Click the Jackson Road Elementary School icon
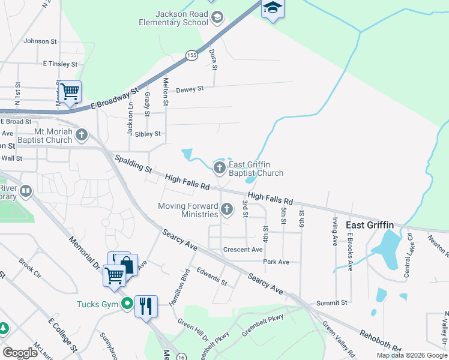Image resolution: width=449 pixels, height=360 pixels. [x=217, y=19]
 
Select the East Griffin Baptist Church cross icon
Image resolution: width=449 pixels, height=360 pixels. [x=220, y=167]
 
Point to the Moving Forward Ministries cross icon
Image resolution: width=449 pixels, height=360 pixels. [x=226, y=209]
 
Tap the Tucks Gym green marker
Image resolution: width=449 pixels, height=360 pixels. [x=127, y=304]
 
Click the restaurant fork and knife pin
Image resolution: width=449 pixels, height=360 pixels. [x=146, y=307]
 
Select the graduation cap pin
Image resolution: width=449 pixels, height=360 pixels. [x=272, y=8]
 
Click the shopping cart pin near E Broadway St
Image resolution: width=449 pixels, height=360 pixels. [x=70, y=92]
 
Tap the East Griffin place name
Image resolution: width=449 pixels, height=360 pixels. [x=370, y=225]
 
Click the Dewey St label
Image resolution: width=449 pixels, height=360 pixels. [x=190, y=89]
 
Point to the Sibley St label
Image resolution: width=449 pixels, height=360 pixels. [x=148, y=134]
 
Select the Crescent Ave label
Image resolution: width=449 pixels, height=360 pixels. [x=243, y=250]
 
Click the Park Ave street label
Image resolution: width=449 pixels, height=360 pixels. [x=276, y=262]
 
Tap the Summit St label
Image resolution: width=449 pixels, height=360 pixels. [x=336, y=304]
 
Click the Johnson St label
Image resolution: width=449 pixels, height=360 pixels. [x=40, y=41]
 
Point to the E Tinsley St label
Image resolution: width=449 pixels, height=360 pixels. [x=60, y=64]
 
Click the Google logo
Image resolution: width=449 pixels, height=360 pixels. [x=20, y=353]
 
